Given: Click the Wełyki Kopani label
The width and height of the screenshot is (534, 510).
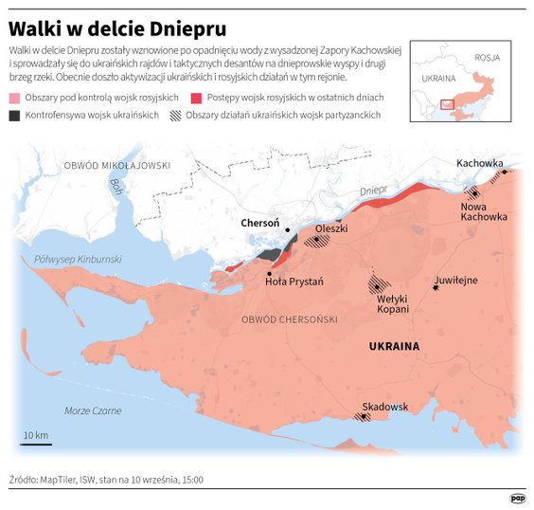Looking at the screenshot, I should click(x=386, y=303).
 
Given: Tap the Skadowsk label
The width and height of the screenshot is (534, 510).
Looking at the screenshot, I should click(x=385, y=407).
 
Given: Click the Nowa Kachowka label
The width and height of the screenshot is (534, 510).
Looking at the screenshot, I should click(x=483, y=211).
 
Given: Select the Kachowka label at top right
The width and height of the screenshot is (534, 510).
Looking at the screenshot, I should click(x=479, y=163).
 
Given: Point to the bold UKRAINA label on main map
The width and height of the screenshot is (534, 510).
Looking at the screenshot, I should click(x=393, y=346).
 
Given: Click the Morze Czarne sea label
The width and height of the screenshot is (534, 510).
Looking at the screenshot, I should click(x=93, y=410).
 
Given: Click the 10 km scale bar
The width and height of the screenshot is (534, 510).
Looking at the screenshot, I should click(x=37, y=443).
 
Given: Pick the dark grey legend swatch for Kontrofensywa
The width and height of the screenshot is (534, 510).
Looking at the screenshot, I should click(x=14, y=115).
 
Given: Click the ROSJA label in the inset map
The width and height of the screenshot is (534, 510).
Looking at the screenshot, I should click(x=488, y=57).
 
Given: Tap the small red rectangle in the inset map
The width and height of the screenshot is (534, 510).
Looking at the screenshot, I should click(x=448, y=104).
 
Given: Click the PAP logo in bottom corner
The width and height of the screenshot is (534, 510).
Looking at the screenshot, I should click(x=518, y=497).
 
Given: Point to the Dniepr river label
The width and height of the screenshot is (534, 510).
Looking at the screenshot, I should click(x=375, y=191).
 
